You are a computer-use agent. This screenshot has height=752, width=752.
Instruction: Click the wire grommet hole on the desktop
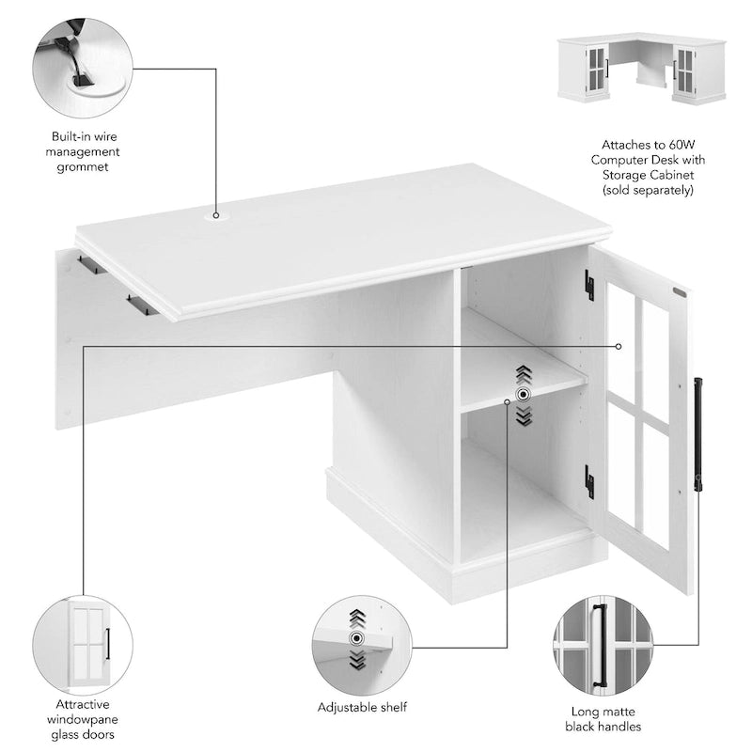click(216, 215)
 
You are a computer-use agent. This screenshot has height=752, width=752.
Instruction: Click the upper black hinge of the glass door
click(589, 287)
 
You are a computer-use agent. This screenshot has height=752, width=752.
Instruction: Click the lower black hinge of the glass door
click(589, 480)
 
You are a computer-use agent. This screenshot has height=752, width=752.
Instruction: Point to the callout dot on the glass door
click(619, 346)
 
